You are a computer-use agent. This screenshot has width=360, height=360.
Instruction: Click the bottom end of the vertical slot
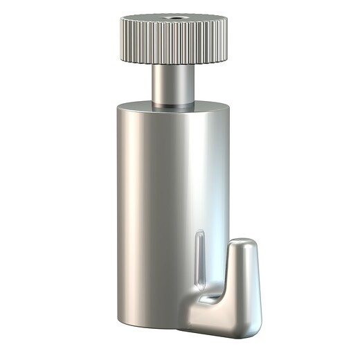[201, 282]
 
